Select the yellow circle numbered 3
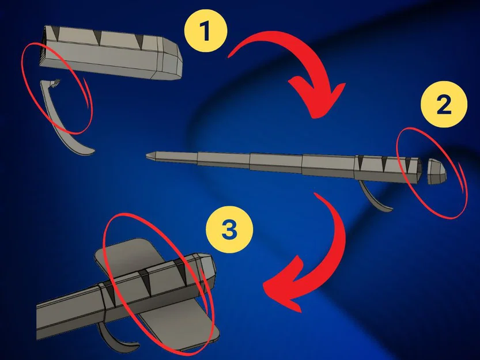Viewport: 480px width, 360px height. click(x=229, y=231)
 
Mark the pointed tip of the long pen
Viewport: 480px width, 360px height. click(x=149, y=154)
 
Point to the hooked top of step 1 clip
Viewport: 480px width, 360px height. click(x=55, y=85)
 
